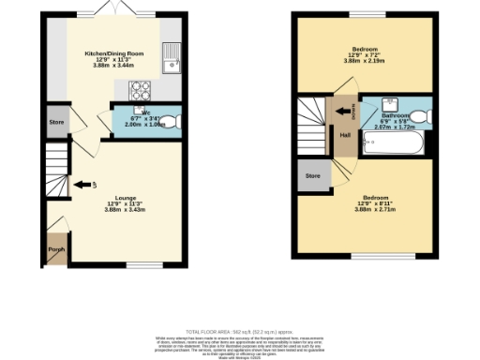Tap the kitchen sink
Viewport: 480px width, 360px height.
171,59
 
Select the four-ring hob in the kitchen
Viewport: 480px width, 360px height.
140,91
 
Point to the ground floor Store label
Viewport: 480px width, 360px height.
54,123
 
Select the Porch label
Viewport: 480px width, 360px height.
55,248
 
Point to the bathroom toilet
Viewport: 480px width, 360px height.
423,114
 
